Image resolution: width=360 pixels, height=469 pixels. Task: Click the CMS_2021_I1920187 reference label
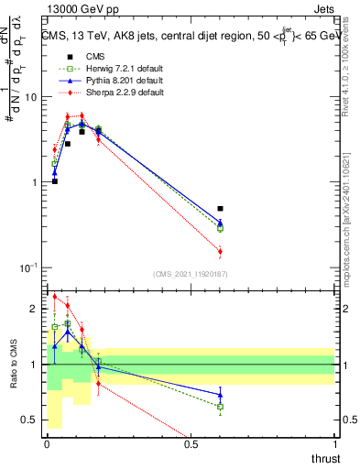coord(190,273)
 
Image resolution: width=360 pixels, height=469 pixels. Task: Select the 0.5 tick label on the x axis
coord(191,444)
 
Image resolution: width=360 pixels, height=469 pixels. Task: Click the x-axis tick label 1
coord(334,444)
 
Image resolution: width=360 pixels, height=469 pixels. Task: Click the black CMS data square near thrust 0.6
coord(220,209)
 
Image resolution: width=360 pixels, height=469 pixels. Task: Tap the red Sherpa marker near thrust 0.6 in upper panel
coord(220,251)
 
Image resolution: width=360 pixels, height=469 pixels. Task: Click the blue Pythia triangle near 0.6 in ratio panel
coord(220,394)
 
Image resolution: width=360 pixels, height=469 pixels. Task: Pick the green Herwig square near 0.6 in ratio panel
coord(220,406)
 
